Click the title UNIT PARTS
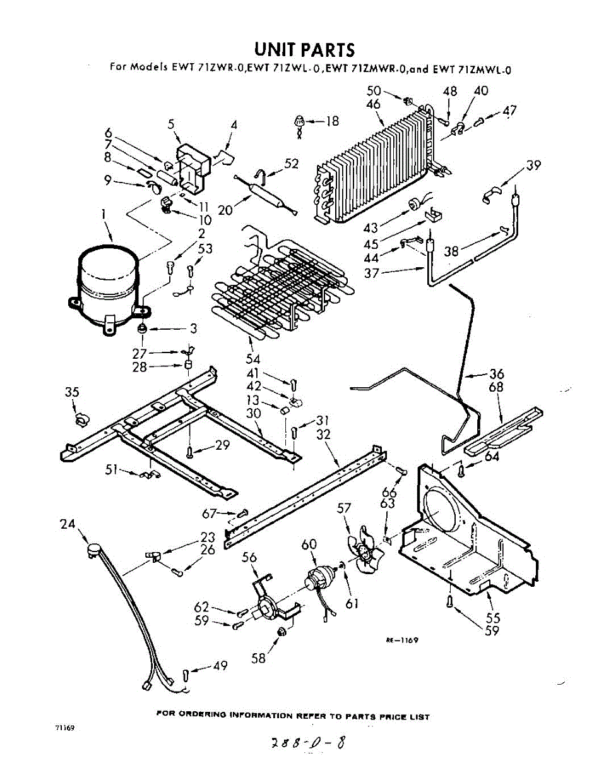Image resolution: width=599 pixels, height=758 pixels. (304, 49)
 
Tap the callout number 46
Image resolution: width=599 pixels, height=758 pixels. (373, 104)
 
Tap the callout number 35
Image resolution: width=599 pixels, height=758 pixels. (72, 392)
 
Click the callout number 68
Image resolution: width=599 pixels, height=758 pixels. (496, 386)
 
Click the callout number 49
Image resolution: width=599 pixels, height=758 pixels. (220, 665)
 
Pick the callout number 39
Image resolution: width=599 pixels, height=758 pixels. (533, 165)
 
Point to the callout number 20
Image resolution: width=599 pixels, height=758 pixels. (225, 208)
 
